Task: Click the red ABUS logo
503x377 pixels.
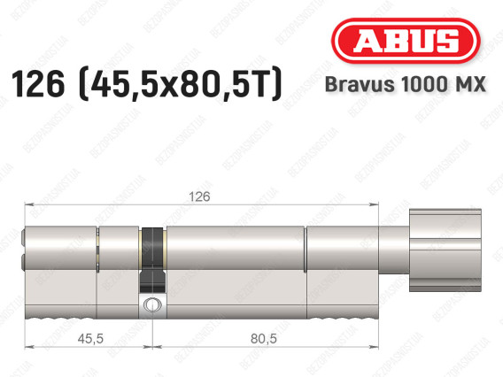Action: tap(406, 41)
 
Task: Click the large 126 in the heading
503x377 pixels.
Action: tap(38, 84)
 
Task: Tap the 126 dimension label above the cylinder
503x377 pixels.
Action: tap(199, 196)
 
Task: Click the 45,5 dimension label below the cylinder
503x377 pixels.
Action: tap(90, 339)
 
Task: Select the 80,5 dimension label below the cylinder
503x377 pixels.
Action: tap(264, 339)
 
